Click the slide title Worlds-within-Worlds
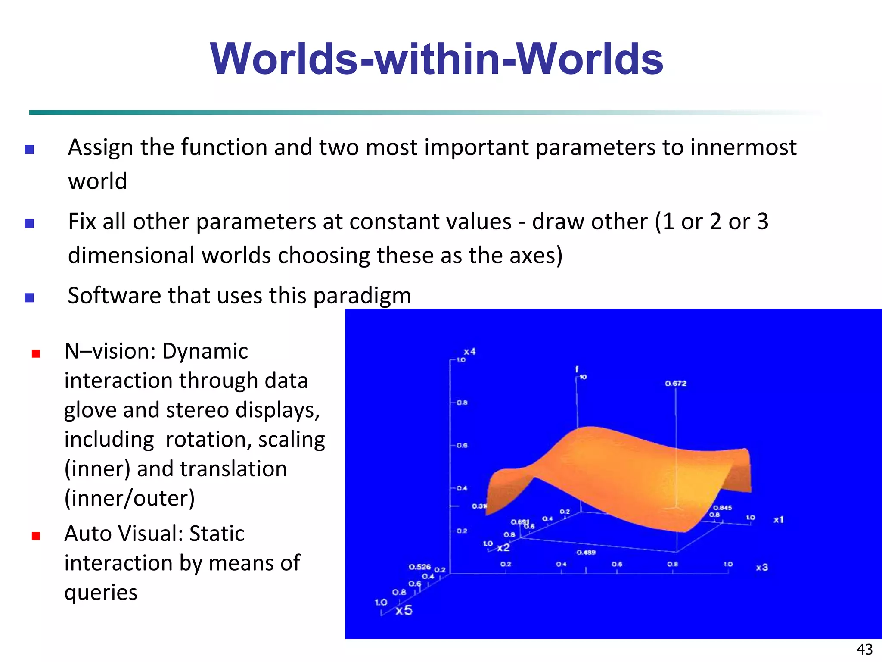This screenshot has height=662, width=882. (x=436, y=59)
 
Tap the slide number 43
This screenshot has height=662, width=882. (x=864, y=649)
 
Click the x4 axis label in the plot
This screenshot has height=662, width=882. (x=469, y=352)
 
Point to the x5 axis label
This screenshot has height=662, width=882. (x=404, y=610)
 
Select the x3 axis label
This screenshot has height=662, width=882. (x=762, y=567)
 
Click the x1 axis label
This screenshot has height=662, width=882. (x=779, y=520)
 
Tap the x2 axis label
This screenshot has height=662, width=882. (x=503, y=548)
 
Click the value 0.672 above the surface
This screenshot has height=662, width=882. (x=675, y=383)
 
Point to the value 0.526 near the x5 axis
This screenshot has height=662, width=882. (x=419, y=567)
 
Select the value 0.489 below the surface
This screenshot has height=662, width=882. (x=586, y=552)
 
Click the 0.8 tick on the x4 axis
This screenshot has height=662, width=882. (x=462, y=403)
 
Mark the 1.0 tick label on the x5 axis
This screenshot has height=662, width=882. (x=381, y=602)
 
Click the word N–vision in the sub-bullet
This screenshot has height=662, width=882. (x=110, y=351)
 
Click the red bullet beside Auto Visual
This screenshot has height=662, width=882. (x=36, y=536)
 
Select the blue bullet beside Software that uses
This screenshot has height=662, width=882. (x=29, y=297)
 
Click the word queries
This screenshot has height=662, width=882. (x=101, y=593)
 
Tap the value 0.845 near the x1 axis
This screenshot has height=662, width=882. (x=722, y=508)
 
